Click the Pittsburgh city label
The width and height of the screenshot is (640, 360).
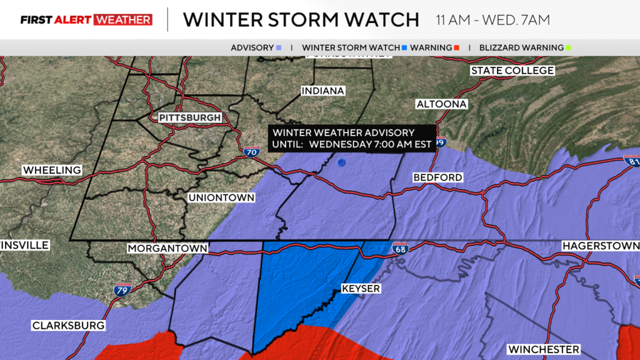(189, 117)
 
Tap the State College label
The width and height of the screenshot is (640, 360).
(512, 71)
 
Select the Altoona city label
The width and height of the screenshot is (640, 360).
(441, 104)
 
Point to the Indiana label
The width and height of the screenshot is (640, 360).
(322, 91)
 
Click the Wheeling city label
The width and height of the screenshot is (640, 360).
(52, 170)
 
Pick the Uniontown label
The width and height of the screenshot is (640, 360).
(221, 197)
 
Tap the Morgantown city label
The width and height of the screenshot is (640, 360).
(167, 248)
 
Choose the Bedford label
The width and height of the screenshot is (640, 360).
(437, 177)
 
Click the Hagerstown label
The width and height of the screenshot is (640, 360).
(600, 246)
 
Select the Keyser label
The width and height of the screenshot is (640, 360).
(361, 289)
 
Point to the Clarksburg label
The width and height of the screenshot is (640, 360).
(68, 326)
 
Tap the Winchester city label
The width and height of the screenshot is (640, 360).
(543, 349)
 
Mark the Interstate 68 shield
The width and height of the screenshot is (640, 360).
(401, 248)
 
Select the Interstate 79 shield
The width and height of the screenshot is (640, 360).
(122, 289)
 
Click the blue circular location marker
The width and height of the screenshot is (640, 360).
(341, 163)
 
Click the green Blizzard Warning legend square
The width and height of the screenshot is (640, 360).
(569, 47)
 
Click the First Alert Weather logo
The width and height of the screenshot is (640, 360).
(86, 20)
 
